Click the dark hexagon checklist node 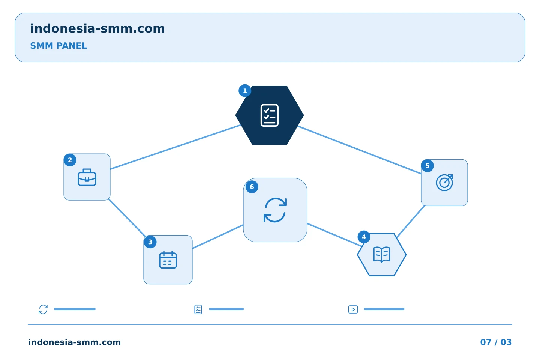(270, 115)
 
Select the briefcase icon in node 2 (87, 177)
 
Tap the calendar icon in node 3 (168, 260)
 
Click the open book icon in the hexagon (382, 254)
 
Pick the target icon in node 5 (444, 183)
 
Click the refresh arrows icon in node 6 (275, 210)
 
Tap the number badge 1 (245, 91)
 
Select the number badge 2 (70, 160)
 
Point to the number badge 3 (150, 242)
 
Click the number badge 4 (364, 237)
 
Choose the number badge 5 (427, 166)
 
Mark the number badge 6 (252, 187)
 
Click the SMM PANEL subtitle (58, 46)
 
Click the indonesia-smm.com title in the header (97, 28)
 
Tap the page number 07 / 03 (496, 342)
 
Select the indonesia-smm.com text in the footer (75, 342)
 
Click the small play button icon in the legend (353, 309)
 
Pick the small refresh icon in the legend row (43, 309)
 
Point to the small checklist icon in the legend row (198, 309)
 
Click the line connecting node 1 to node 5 (359, 150)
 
